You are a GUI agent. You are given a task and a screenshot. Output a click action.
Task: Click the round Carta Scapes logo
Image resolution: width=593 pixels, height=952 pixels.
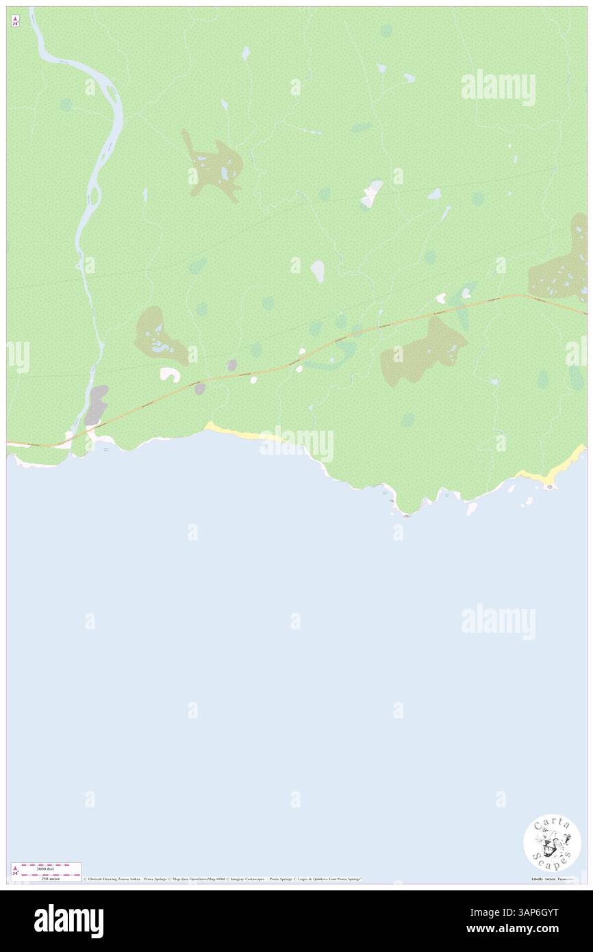point(552,842)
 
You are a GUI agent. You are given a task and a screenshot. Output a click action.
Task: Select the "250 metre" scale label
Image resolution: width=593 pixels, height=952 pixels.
point(46,878)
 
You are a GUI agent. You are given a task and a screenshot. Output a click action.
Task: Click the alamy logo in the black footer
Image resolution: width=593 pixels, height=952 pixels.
point(68,921)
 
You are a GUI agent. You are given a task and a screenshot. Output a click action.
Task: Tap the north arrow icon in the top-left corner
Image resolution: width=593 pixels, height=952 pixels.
point(15,21)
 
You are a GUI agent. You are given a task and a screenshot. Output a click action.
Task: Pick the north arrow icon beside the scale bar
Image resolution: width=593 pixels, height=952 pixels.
point(16,871)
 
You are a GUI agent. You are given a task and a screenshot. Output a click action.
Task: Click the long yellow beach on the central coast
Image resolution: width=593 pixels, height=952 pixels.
point(236,432)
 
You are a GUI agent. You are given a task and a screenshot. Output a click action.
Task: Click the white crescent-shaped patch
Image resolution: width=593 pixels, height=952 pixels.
point(169,374)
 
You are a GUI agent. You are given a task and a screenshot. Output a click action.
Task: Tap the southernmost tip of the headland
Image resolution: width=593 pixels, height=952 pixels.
point(406,512)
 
